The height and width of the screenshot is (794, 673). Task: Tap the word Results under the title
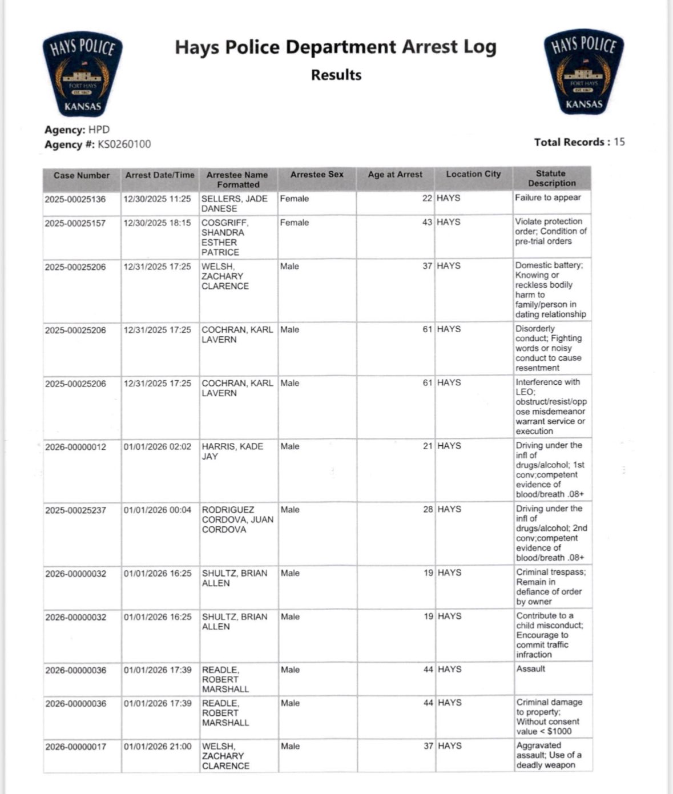click(336, 75)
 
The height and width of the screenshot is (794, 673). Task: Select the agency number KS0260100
click(124, 144)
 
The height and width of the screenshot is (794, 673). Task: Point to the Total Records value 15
click(619, 142)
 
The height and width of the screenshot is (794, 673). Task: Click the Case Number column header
click(82, 176)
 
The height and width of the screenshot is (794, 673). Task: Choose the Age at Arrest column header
click(395, 175)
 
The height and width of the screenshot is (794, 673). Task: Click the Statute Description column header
click(551, 179)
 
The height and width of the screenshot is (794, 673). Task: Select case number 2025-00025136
click(75, 199)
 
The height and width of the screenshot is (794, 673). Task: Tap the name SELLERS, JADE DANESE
click(235, 204)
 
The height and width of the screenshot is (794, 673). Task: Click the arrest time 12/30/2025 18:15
click(158, 223)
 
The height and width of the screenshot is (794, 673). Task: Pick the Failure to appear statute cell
click(548, 198)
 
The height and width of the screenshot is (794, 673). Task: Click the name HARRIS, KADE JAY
click(232, 452)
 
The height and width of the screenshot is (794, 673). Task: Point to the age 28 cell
click(428, 509)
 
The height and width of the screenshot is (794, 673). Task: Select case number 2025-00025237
click(76, 510)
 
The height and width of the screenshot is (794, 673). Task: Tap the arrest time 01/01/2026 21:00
click(158, 747)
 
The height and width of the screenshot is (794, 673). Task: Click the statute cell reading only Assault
click(531, 669)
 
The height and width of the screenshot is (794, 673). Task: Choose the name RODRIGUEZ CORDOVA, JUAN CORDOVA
click(237, 519)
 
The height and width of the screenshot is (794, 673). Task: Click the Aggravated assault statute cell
click(549, 755)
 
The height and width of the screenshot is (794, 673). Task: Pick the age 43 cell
click(427, 222)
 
